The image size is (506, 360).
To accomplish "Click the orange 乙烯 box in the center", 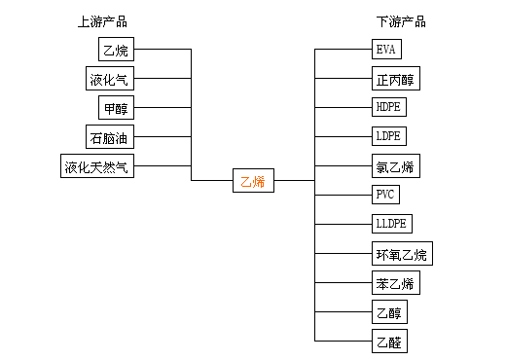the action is click(253, 180).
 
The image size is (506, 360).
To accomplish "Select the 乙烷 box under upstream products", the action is click(116, 49).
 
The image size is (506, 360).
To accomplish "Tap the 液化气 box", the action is click(110, 79).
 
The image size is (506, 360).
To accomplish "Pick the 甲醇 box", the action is click(116, 107).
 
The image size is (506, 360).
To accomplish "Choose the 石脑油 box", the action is click(110, 137).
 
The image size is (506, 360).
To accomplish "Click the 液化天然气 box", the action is click(97, 166).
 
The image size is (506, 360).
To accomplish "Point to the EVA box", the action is click(386, 50).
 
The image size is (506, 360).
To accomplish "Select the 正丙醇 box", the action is click(396, 79).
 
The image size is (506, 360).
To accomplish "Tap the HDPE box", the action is click(389, 107).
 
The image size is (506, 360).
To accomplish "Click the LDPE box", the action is click(389, 136).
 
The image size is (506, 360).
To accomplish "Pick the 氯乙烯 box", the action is click(396, 166).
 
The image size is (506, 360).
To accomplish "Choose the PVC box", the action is click(385, 195).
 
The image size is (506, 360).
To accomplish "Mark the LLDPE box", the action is click(392, 224).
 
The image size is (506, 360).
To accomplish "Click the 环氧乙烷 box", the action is click(402, 254).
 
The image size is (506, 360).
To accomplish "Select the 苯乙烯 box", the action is click(396, 283).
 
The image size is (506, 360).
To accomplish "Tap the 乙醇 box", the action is click(389, 312).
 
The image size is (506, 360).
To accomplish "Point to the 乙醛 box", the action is click(389, 342).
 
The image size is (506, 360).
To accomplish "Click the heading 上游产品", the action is click(102, 22).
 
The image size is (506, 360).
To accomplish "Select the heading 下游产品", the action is click(401, 22).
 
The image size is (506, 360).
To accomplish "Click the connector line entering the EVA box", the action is click(343, 50).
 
